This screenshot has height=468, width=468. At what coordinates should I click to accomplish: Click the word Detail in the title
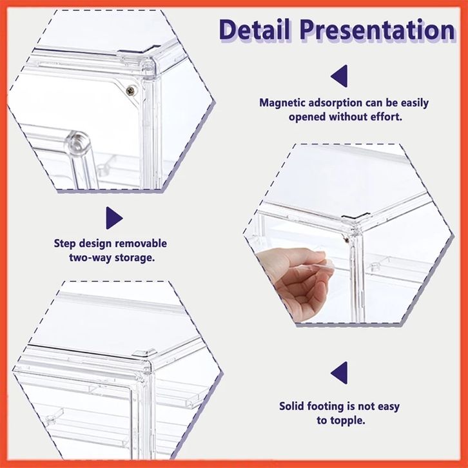[x=254, y=30]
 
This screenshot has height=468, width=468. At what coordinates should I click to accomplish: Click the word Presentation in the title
[x=377, y=30]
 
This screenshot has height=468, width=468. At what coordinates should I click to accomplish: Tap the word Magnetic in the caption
[x=282, y=103]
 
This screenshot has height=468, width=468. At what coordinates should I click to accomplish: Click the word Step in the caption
[x=64, y=244]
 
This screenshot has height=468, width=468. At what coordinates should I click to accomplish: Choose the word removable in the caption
[x=141, y=243]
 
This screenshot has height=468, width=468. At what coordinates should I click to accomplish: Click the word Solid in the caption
[x=291, y=406]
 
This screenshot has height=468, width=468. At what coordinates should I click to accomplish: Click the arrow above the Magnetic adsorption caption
[x=339, y=76]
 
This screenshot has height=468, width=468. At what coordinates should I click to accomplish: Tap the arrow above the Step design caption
[x=114, y=218]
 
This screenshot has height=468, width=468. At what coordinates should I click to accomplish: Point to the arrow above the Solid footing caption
[x=339, y=373]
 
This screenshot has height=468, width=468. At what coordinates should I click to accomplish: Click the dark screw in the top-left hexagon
[x=130, y=90]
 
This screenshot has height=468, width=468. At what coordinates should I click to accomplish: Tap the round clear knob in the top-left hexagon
[x=77, y=142]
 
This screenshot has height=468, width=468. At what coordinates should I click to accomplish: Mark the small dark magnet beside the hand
[x=347, y=239]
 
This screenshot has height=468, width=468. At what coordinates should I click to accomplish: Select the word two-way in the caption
[x=90, y=258]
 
